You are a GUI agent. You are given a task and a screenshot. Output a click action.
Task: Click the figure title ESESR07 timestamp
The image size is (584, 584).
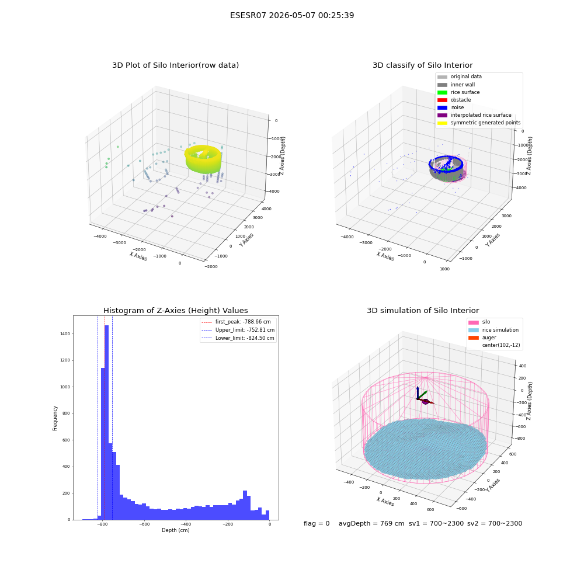click(292, 15)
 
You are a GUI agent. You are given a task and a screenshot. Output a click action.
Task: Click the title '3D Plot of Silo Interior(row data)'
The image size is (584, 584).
click(175, 65)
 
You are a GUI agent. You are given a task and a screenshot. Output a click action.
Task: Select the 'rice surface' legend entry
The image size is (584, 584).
click(458, 92)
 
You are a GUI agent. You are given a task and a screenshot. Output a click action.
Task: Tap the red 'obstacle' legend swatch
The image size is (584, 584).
click(442, 100)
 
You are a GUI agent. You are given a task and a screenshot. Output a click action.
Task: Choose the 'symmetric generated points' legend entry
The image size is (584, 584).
click(479, 123)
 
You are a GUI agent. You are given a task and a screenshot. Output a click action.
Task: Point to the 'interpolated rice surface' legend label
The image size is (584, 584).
click(481, 115)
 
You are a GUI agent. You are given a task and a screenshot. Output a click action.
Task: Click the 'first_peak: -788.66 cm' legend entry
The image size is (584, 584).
click(236, 322)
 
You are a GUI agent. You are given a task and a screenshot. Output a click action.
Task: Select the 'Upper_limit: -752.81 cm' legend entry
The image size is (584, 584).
click(238, 330)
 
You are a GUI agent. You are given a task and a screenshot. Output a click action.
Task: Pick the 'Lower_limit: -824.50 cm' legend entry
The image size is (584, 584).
click(238, 338)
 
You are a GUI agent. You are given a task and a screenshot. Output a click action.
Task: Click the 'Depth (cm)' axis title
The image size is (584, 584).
click(175, 530)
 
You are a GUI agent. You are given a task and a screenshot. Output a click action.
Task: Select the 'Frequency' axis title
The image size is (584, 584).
click(55, 418)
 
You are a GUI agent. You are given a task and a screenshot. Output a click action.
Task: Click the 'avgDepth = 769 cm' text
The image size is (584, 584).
click(371, 523)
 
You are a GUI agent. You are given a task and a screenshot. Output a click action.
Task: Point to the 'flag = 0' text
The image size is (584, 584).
click(317, 523)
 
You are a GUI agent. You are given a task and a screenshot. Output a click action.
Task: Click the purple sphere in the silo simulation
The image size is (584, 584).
click(425, 402)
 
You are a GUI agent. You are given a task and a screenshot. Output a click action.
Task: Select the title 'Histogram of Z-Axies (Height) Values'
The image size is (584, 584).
click(175, 311)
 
